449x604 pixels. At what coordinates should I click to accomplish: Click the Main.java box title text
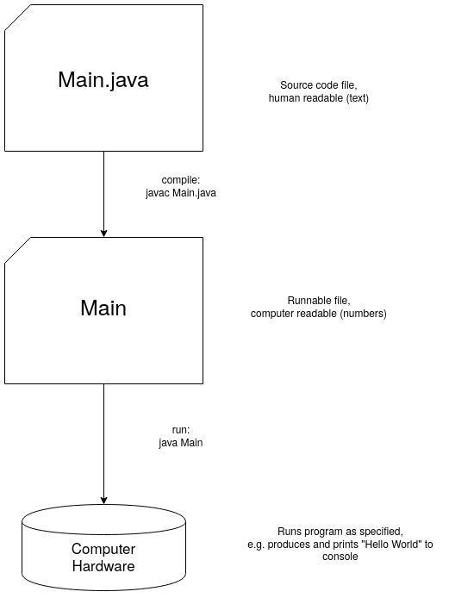click(x=103, y=79)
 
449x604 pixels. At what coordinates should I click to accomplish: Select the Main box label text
click(x=103, y=308)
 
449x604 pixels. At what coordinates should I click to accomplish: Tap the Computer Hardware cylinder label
click(x=103, y=557)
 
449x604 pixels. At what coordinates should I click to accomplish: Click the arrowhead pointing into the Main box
click(x=104, y=231)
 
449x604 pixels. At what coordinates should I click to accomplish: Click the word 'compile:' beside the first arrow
click(x=180, y=180)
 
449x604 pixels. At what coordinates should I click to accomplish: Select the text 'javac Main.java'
click(x=181, y=193)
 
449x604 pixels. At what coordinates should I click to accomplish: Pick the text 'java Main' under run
click(x=181, y=442)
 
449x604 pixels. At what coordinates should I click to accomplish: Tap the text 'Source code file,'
click(x=318, y=85)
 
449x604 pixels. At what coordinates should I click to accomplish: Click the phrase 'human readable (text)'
click(x=318, y=98)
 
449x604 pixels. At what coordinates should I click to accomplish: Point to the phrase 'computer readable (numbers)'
click(x=318, y=314)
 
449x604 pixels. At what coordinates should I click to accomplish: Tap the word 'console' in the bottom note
click(x=317, y=557)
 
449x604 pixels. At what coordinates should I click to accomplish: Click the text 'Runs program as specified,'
click(x=317, y=532)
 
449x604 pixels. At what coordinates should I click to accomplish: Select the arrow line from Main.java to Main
click(x=104, y=190)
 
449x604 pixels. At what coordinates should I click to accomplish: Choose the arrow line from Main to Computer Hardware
click(x=104, y=439)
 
